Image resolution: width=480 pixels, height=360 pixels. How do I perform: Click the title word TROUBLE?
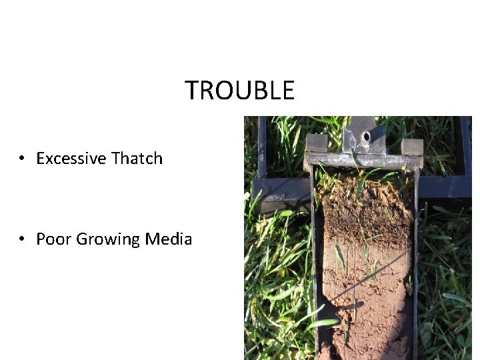[239, 90]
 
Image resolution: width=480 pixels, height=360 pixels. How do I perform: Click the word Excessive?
[71, 159]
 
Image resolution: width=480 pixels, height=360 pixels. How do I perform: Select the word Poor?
[53, 239]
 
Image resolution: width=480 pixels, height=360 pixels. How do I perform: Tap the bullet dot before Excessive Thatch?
[22, 159]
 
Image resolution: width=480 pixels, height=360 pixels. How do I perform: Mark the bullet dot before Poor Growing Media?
[22, 239]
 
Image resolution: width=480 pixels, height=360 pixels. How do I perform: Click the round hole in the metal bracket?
[366, 137]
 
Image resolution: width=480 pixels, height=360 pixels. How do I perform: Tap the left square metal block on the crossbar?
[317, 144]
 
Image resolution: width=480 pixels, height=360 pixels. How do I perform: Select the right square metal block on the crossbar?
[412, 147]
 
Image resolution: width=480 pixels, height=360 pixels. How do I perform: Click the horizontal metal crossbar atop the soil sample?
[363, 161]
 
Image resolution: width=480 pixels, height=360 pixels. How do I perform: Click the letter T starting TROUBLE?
[192, 90]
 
